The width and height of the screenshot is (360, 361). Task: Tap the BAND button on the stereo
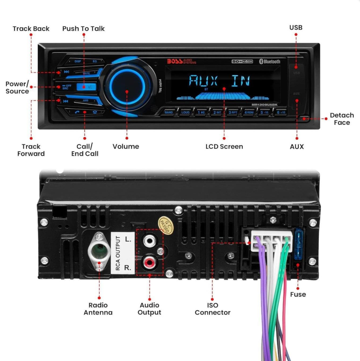pos(169,113)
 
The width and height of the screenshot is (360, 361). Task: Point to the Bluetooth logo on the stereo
pos(269,62)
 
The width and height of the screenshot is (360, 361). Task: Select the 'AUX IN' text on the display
pos(220,81)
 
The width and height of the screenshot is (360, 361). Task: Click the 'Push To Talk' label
pos(83,28)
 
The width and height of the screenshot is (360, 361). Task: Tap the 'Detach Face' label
pos(342,119)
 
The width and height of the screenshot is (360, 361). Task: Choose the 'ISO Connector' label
pos(213,309)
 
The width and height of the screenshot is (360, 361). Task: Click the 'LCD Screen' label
pos(224,147)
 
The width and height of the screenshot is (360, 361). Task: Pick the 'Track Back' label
pos(31,28)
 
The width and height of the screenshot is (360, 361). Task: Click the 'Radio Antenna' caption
pos(98,309)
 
